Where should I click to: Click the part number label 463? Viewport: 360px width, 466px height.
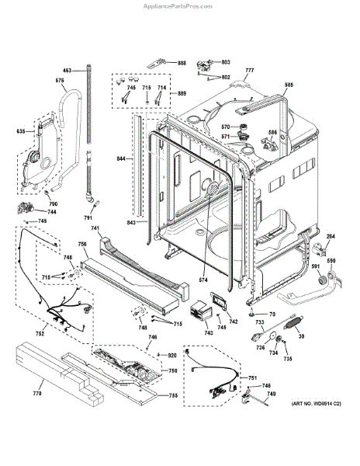pos(67,71)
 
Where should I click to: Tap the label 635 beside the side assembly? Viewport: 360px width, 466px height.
pos(20,131)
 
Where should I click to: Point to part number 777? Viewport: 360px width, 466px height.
pos(249,71)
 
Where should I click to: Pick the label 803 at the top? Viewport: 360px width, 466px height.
pos(226,61)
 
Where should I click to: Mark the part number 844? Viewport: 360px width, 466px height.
pos(120,158)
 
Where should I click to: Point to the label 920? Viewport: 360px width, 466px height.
pos(173,355)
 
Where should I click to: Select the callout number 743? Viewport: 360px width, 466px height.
pos(208,333)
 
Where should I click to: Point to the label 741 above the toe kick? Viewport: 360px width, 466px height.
pos(95,228)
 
